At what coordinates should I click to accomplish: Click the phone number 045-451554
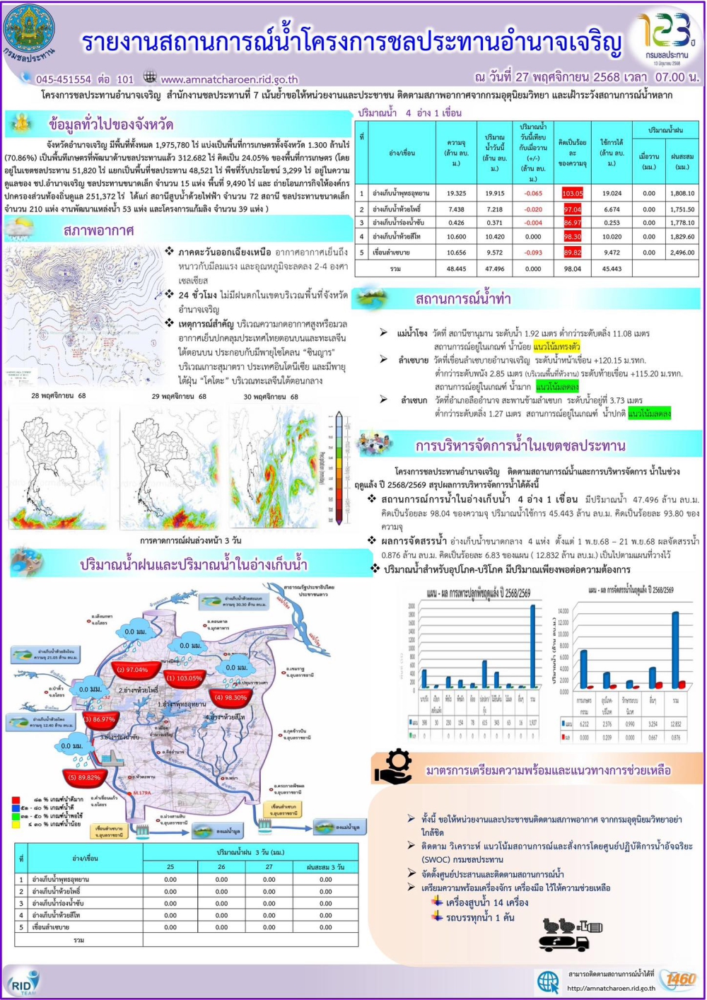[x=63, y=79]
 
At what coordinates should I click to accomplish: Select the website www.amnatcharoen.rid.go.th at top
[x=229, y=80]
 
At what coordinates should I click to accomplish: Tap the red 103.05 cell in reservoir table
[x=572, y=193]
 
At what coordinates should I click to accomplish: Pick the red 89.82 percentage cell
[x=572, y=252]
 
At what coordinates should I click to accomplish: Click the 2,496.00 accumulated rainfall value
[x=682, y=252]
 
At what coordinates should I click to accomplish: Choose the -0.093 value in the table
[x=533, y=252]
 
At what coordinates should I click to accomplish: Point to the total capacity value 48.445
[x=456, y=269]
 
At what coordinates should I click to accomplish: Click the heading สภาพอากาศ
[x=98, y=231]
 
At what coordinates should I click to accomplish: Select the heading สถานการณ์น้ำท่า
[x=462, y=299]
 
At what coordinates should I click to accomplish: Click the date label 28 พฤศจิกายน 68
[x=59, y=396]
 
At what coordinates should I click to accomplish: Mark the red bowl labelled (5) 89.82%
[x=84, y=777]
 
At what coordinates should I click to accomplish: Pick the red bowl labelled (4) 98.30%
[x=230, y=697]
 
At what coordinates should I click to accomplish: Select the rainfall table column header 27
[x=269, y=866]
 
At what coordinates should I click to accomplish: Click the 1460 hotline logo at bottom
[x=681, y=979]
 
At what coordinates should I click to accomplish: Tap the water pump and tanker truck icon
[x=569, y=934]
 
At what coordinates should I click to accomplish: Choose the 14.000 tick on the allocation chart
[x=563, y=610]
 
